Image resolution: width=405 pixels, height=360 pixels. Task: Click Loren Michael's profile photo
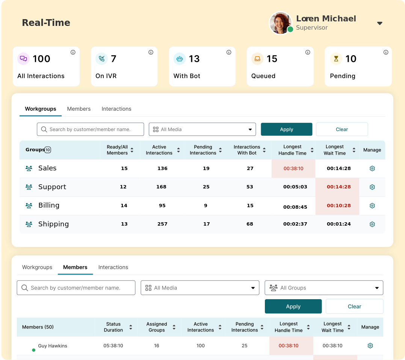coord(281,23)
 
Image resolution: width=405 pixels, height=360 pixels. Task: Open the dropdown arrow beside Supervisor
coord(380,23)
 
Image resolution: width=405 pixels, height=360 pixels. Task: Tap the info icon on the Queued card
coord(308,52)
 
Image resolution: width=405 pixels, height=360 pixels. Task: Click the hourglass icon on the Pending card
coord(336,59)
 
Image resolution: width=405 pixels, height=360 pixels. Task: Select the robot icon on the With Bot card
coord(180,59)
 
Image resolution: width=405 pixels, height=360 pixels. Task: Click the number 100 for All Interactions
coord(41,59)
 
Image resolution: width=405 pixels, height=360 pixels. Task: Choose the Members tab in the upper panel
coord(79,109)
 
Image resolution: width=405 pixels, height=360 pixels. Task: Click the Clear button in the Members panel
coord(354,306)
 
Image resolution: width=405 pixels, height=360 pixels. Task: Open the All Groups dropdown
coord(324,288)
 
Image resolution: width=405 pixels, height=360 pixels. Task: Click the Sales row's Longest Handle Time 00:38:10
coord(293,169)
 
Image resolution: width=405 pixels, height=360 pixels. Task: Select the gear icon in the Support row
coord(372,187)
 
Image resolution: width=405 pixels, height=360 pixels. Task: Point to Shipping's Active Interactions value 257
coord(162,224)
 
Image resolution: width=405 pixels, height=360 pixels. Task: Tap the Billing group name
coord(49,205)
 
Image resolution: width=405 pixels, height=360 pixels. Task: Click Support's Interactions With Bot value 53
coord(250,187)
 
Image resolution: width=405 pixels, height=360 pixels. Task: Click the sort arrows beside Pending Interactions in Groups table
coord(220,150)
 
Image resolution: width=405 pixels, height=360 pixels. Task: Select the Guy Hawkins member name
coord(53,346)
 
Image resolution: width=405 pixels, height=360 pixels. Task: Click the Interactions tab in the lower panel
coord(113,267)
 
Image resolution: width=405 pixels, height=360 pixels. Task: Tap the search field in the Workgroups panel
coord(90,130)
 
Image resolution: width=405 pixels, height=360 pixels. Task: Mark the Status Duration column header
coord(113,327)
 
